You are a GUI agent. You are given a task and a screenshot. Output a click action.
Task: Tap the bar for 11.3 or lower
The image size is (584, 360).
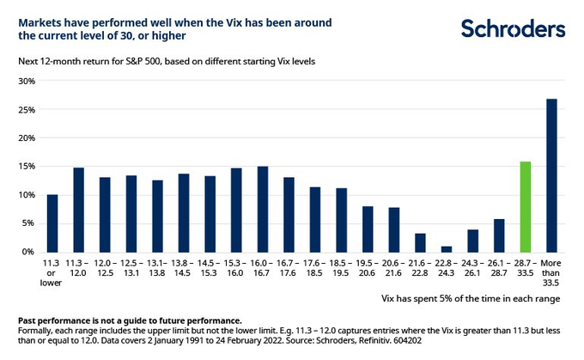[x=52, y=223]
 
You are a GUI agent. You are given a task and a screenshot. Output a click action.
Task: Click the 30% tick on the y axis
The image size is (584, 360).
[x=26, y=82]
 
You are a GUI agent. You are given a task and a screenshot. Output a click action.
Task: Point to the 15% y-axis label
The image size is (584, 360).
[x=26, y=167]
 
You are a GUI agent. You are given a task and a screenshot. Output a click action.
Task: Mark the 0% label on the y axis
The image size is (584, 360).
[x=28, y=252]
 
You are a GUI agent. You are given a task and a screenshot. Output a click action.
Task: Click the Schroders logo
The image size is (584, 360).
[x=514, y=28]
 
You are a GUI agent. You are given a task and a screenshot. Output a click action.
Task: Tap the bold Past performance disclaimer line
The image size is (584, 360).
[x=129, y=320]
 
